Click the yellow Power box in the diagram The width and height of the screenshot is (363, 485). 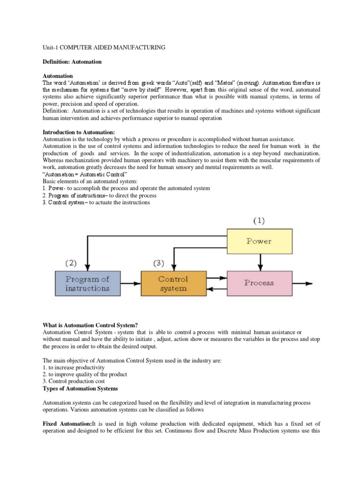click(x=259, y=241)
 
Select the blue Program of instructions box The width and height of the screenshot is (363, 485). click(x=87, y=283)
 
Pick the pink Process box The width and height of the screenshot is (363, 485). click(x=259, y=283)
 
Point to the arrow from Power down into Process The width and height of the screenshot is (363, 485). click(x=259, y=263)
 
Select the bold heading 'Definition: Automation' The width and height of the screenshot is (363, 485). click(x=72, y=62)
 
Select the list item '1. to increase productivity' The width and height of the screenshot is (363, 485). click(x=73, y=368)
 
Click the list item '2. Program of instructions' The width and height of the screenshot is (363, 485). click(x=83, y=195)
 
